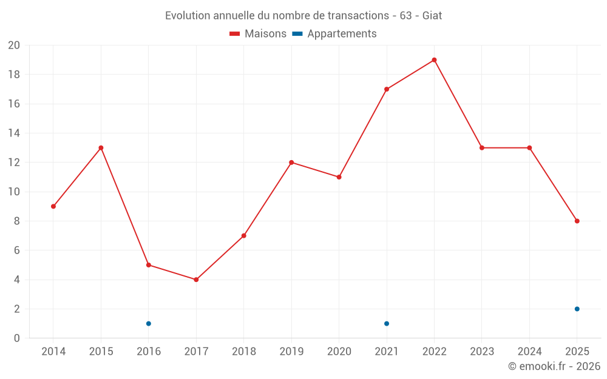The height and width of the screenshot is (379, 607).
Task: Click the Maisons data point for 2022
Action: [x=434, y=60]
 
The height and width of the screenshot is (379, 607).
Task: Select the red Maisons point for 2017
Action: [x=196, y=280]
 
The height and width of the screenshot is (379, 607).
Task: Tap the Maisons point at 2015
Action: [x=101, y=148]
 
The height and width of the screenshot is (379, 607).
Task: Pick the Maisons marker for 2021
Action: [x=387, y=89]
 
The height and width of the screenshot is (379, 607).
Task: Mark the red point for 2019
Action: [x=291, y=163]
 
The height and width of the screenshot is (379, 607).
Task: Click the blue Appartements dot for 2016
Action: [x=149, y=323]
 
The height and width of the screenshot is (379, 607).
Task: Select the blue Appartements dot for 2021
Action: [x=387, y=323]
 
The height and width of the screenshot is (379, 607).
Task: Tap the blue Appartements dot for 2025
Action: [x=577, y=309]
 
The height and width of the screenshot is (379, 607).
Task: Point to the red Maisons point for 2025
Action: [x=577, y=221]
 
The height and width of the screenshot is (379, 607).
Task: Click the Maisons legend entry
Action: [x=258, y=34]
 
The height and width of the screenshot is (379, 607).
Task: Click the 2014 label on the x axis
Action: [x=53, y=351]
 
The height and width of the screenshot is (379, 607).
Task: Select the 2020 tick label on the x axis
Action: [x=339, y=351]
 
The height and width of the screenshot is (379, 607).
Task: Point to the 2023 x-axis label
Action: [x=481, y=351]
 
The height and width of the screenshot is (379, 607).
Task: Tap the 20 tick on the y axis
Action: [x=14, y=45]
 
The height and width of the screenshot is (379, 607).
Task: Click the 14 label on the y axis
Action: [x=14, y=133]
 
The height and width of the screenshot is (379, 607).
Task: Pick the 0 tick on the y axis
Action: [x=17, y=338]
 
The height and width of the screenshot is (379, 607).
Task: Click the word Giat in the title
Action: [x=432, y=15]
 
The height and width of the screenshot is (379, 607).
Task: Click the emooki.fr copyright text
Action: [x=554, y=366]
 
